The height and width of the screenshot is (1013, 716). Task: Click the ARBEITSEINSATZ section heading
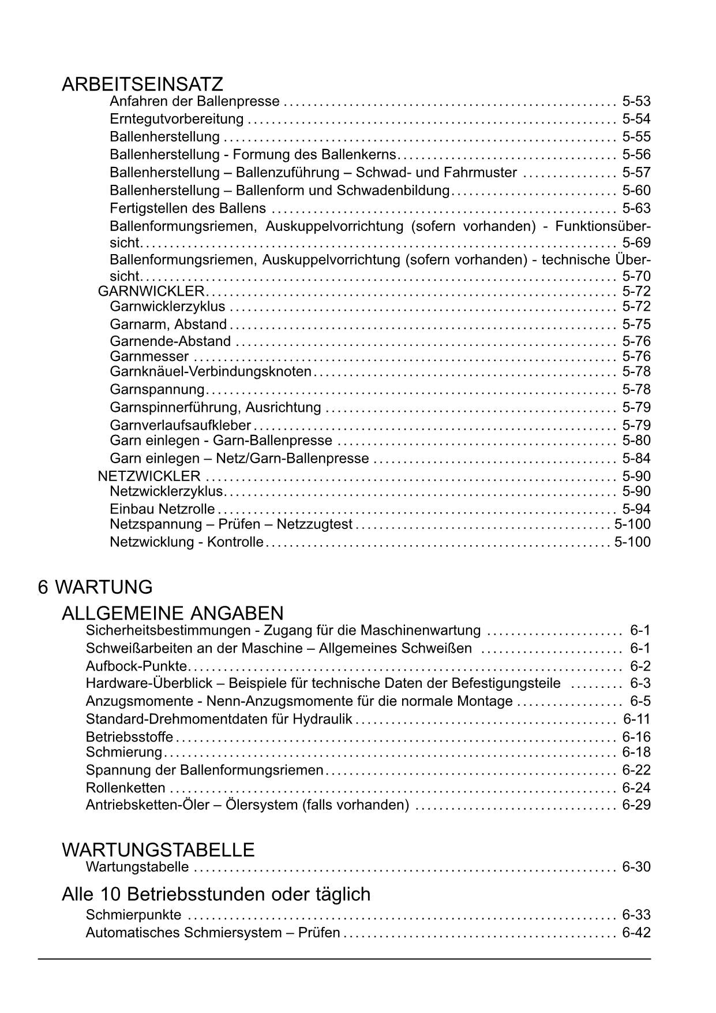pyautogui.click(x=142, y=84)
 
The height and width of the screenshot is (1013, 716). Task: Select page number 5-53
pyautogui.click(x=636, y=102)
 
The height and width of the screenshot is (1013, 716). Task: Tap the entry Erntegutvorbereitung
pyautogui.click(x=177, y=119)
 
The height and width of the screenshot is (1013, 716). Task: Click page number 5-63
pyautogui.click(x=636, y=208)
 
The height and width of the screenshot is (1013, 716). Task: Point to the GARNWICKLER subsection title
pyautogui.click(x=151, y=291)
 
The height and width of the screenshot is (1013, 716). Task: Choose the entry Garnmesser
pyautogui.click(x=149, y=356)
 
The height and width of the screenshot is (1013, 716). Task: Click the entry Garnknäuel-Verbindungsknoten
pyautogui.click(x=211, y=371)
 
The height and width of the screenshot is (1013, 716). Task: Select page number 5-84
pyautogui.click(x=636, y=459)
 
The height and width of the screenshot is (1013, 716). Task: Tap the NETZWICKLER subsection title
pyautogui.click(x=149, y=476)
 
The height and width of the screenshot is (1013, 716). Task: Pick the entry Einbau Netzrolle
pyautogui.click(x=162, y=509)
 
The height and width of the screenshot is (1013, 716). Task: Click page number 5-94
pyautogui.click(x=636, y=509)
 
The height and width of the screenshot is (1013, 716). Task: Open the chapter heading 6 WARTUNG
pyautogui.click(x=95, y=587)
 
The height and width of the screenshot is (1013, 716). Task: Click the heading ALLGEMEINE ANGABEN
pyautogui.click(x=173, y=613)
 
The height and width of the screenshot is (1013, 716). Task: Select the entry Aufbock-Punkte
pyautogui.click(x=136, y=666)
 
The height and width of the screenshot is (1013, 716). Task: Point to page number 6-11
pyautogui.click(x=636, y=719)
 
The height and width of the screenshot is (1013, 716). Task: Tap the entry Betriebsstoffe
pyautogui.click(x=129, y=737)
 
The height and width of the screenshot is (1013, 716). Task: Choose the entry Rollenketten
pyautogui.click(x=125, y=788)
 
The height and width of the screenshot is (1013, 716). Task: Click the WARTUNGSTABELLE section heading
pyautogui.click(x=158, y=850)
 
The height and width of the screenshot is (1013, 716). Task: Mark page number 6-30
pyautogui.click(x=636, y=867)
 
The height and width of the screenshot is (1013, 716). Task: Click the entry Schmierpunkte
pyautogui.click(x=133, y=915)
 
